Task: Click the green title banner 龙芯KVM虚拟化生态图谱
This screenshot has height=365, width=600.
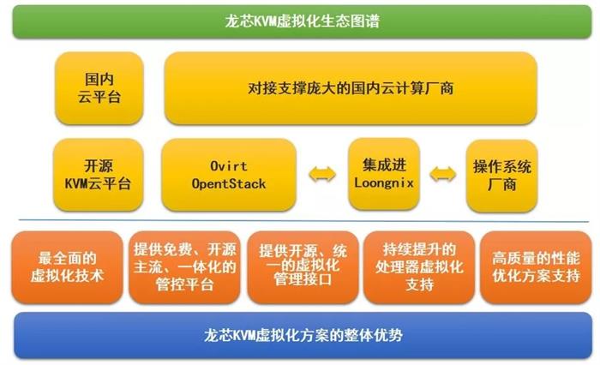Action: coord(303,21)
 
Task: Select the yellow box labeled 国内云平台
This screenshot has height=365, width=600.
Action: coord(99,88)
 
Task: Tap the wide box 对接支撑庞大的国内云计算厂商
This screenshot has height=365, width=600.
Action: coord(351,88)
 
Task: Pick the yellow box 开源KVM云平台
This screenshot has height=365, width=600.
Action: coord(99,175)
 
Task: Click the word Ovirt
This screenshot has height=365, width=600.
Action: coord(229,166)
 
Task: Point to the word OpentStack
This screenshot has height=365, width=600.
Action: coord(229,184)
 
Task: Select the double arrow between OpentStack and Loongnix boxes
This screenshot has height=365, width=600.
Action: coord(322,175)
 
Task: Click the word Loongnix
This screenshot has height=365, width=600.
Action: coord(384,182)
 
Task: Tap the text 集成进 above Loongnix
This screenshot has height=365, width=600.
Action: coord(384,165)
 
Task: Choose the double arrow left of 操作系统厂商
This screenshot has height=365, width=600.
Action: coord(443,175)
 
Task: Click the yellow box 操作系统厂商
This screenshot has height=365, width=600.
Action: coord(502,176)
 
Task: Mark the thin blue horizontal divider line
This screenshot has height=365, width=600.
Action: coord(303,221)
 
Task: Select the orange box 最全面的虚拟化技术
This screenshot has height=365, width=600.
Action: coord(68,267)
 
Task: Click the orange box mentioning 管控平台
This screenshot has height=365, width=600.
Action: coord(185,267)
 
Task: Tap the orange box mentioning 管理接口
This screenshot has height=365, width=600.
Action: coord(303,267)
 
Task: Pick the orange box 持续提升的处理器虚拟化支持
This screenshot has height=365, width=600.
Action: coord(419,267)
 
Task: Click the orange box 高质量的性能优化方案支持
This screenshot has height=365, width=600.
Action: coord(536,267)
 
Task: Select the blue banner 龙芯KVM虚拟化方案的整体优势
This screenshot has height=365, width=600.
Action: coord(303,336)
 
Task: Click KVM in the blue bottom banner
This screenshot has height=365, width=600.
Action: coord(244,336)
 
